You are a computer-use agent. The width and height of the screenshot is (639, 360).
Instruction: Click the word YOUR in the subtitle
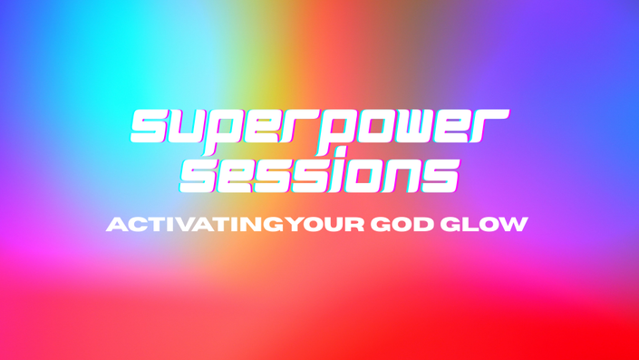tap(324, 225)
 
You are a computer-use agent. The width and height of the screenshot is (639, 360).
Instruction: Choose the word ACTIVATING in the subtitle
tap(195, 225)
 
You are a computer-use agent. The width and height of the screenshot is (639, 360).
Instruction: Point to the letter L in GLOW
tap(470, 225)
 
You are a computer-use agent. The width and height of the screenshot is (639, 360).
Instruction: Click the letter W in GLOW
tap(514, 225)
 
